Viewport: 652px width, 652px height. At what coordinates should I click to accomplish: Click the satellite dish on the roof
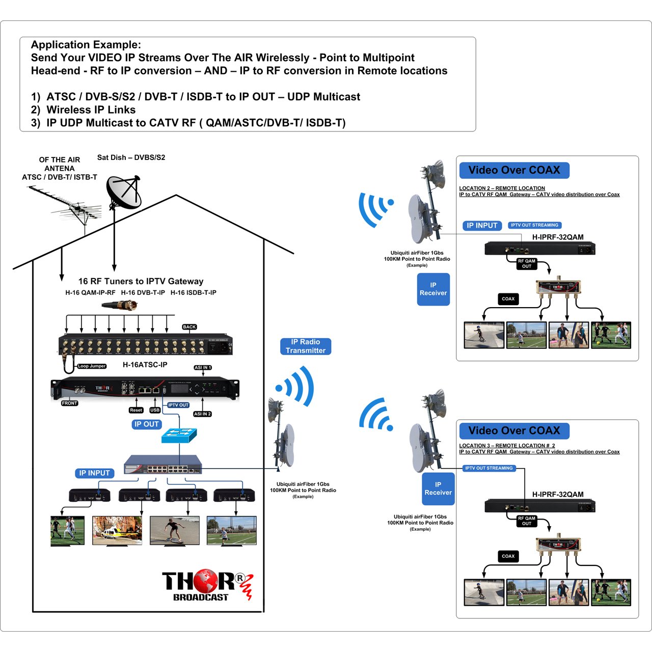point(123,192)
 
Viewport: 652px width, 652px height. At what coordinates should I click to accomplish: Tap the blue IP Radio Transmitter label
point(306,346)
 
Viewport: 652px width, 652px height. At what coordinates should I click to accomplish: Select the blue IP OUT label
point(147,424)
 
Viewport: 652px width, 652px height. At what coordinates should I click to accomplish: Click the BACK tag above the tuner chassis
point(189,327)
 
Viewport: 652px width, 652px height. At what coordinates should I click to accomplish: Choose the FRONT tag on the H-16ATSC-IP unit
point(70,403)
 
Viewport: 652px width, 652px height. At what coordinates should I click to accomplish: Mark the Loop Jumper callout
point(92,366)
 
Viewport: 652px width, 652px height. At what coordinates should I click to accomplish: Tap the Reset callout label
point(136,410)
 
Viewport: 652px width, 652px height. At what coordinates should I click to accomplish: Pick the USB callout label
point(155,410)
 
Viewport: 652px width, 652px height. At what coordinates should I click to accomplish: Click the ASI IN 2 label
point(202,414)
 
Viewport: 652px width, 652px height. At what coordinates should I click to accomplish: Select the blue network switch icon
point(179,435)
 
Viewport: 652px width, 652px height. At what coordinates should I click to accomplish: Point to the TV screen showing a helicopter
point(117,531)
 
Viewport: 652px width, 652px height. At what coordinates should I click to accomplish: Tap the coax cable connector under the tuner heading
point(120,306)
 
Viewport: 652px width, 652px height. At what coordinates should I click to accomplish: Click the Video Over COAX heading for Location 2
point(514,170)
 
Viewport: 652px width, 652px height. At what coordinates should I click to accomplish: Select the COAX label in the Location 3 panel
point(508,556)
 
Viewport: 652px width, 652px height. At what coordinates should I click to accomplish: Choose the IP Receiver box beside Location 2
point(433,289)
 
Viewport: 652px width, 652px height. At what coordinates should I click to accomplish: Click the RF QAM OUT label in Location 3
point(527,521)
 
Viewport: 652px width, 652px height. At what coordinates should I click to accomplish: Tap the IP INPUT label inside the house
point(95,473)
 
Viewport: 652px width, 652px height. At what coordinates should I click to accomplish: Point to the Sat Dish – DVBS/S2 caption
point(131,157)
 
